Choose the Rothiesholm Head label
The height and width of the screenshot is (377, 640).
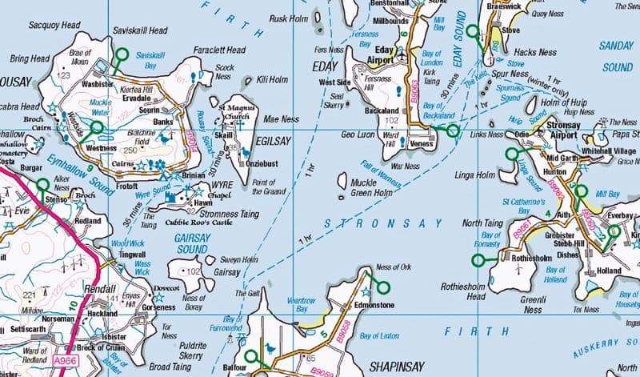pos(465,291)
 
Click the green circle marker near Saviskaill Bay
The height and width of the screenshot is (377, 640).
pos(122,55)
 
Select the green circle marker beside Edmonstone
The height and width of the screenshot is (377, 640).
pos(382,287)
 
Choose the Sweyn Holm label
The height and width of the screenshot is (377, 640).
pos(239,259)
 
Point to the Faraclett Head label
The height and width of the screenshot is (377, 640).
pos(219,50)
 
